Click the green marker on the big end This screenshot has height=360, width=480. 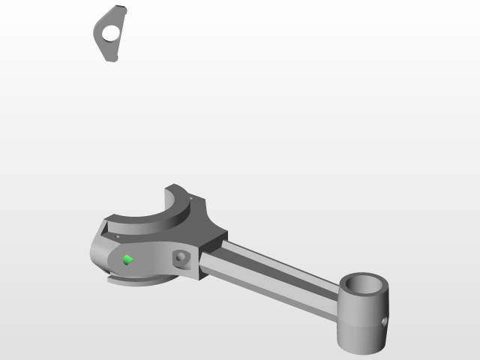tap(127, 260)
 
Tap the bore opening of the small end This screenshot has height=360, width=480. tap(364, 284)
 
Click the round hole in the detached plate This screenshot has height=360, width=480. tap(111, 33)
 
